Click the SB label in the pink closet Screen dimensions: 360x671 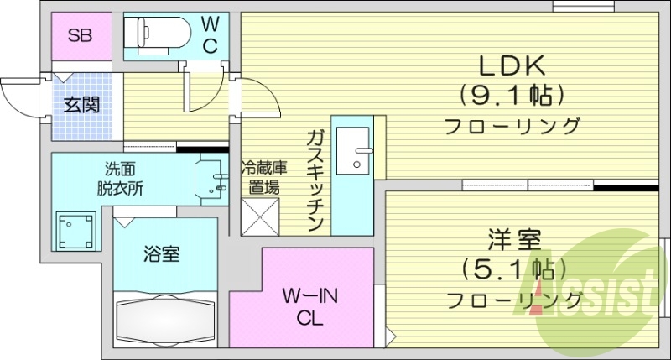click(x=80, y=36)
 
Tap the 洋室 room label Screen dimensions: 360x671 click(x=512, y=240)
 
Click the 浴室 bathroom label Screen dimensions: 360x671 click(x=161, y=254)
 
